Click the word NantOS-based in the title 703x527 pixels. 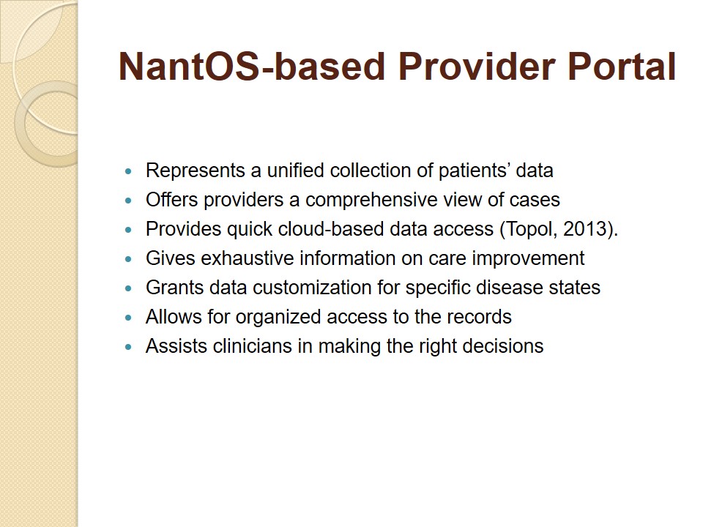(x=252, y=67)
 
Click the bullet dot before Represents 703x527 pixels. (x=129, y=171)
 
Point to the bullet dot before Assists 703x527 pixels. (x=129, y=347)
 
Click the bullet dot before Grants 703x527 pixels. (x=129, y=288)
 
